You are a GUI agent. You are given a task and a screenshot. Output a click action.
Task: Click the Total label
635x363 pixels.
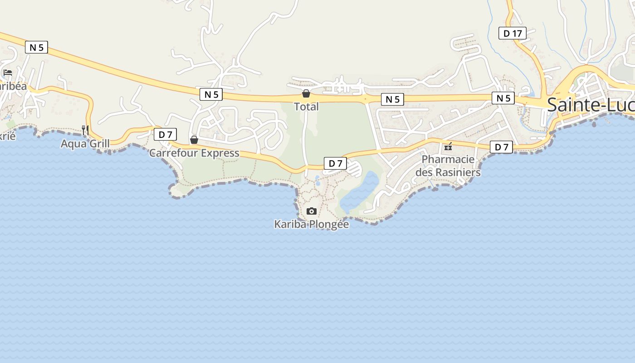click(306, 107)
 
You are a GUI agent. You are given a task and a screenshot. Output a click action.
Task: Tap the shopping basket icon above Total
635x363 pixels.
click(306, 94)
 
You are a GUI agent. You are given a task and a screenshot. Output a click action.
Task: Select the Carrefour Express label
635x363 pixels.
click(194, 153)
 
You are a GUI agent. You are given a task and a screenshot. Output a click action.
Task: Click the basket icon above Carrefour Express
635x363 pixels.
click(194, 140)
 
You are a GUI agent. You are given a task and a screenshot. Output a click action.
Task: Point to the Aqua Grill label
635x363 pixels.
click(85, 144)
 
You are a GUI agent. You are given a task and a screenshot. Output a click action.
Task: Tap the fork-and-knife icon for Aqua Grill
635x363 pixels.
click(85, 130)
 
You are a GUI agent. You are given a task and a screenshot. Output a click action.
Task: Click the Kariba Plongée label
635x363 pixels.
click(312, 224)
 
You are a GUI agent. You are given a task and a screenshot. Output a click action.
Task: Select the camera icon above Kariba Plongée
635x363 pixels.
click(311, 211)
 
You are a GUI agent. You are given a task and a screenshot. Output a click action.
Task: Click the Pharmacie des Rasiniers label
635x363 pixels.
click(448, 166)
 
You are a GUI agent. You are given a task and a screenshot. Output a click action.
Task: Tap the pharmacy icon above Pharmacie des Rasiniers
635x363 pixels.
click(448, 146)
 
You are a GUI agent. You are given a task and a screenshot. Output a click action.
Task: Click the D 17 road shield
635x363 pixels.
click(513, 33)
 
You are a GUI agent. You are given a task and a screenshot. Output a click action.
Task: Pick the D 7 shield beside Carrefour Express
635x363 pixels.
click(165, 134)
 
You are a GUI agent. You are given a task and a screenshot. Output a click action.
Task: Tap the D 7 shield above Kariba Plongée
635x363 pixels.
click(335, 163)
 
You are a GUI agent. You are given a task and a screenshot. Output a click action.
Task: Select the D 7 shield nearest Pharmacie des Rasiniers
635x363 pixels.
click(501, 147)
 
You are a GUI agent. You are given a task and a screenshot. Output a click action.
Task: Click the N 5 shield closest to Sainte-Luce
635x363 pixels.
click(503, 98)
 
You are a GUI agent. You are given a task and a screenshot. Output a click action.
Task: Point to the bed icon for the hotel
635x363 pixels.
click(8, 73)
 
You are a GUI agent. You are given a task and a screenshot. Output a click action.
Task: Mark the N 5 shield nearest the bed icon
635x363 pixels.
click(36, 47)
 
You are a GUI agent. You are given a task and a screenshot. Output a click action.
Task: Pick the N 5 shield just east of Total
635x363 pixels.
click(392, 99)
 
